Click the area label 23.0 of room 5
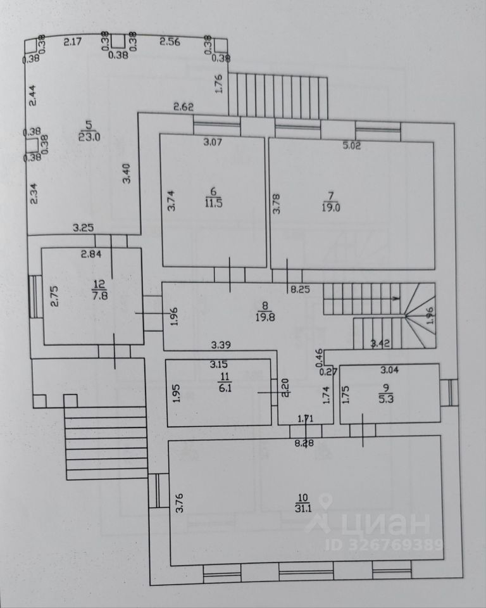(x=89, y=136)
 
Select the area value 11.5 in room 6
(x=213, y=203)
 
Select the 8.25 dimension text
(x=301, y=290)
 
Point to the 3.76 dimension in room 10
(x=180, y=502)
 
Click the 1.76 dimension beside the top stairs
(x=218, y=85)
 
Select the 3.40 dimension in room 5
(x=127, y=175)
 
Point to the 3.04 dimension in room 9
(x=390, y=369)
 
